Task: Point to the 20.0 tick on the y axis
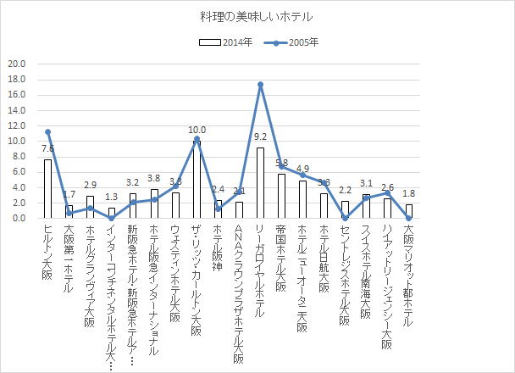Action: (x=16, y=64)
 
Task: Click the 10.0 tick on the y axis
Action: (x=16, y=141)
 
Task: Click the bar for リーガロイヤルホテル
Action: (x=260, y=183)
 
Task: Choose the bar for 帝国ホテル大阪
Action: (x=281, y=196)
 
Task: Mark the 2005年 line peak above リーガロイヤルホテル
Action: (x=260, y=84)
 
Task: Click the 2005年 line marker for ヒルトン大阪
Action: (x=48, y=131)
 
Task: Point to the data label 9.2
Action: (x=260, y=136)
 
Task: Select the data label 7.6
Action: (x=48, y=149)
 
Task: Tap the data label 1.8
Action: (x=408, y=193)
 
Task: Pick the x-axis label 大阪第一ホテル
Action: (x=69, y=251)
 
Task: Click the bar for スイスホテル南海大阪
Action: (x=366, y=206)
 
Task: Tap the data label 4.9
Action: (x=302, y=169)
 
